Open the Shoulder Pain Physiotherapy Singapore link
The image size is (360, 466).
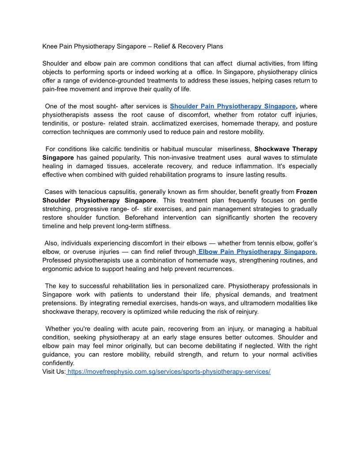[232, 106]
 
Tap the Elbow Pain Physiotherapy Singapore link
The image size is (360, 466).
[257, 252]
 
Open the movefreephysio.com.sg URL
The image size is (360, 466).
[169, 372]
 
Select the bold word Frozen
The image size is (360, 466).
[307, 192]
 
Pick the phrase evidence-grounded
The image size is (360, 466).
[129, 81]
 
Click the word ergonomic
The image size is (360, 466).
[58, 269]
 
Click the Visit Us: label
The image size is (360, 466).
[54, 372]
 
